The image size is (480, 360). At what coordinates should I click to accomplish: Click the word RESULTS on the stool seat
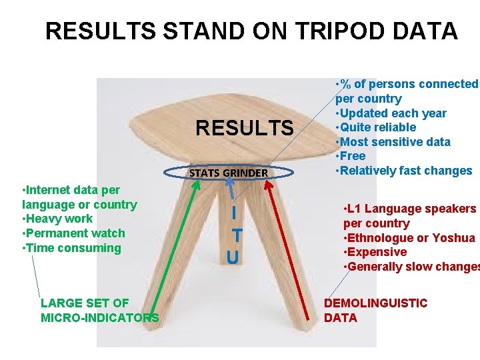coord(244,127)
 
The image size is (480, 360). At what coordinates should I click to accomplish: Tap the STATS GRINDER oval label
coord(229,173)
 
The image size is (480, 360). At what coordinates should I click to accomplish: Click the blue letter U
coord(232,257)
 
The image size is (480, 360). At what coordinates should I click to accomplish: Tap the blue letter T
coord(237,235)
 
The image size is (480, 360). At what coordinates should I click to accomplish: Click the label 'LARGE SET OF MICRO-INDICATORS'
coord(99,310)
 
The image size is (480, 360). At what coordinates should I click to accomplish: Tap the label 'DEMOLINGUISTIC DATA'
coord(375,310)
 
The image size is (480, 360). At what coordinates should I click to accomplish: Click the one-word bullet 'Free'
coord(353,156)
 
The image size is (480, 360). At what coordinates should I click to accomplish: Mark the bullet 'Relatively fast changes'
coord(406,171)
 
